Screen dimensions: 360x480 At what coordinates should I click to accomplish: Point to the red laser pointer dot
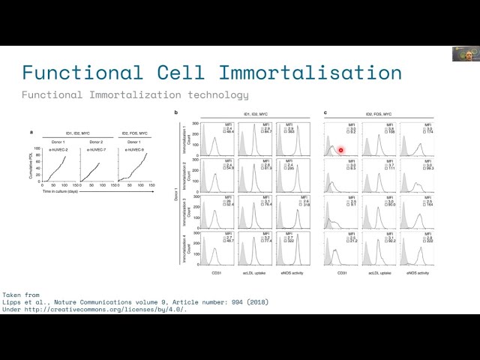[340, 150]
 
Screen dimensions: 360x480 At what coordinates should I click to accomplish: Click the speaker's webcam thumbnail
[465, 54]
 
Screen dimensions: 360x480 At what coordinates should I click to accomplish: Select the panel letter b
[175, 113]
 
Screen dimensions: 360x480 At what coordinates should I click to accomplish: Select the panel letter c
[325, 113]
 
